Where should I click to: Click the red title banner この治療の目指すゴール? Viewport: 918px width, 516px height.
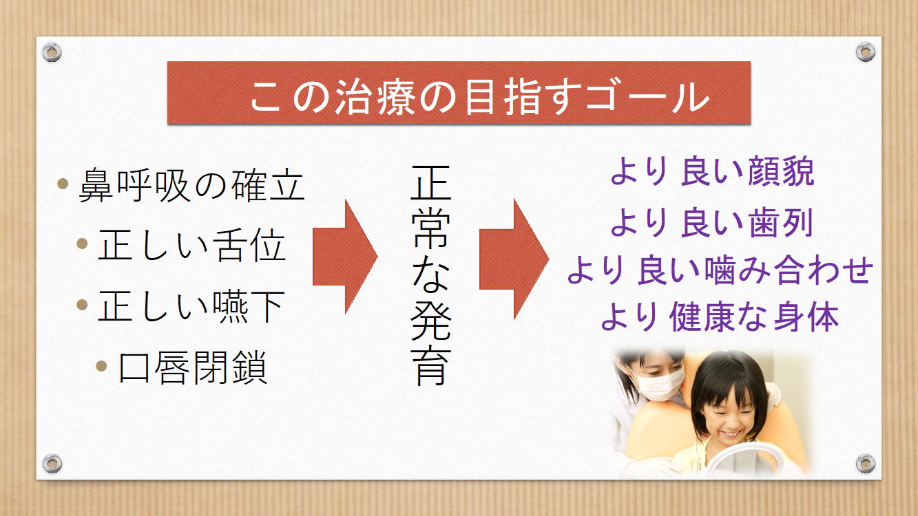click(x=459, y=93)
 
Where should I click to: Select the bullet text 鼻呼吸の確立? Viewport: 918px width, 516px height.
click(x=191, y=185)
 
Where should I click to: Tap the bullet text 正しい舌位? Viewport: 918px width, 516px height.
click(x=191, y=245)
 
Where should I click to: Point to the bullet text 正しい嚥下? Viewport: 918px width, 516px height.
click(x=191, y=306)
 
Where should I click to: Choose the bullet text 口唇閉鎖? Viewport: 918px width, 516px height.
click(x=193, y=367)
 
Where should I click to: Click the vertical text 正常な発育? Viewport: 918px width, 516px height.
click(x=431, y=275)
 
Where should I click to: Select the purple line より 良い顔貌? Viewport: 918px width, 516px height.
click(x=712, y=171)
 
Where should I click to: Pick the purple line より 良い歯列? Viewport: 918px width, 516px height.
click(x=711, y=222)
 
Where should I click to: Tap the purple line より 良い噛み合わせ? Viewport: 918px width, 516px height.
click(x=720, y=270)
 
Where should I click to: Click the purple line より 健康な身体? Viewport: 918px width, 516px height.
click(x=720, y=316)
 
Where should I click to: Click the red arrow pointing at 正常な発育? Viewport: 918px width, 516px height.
click(x=344, y=257)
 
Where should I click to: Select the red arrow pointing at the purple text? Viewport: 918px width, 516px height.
click(x=514, y=259)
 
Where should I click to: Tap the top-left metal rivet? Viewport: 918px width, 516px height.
click(x=52, y=52)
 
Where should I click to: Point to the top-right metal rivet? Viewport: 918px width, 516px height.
click(x=866, y=52)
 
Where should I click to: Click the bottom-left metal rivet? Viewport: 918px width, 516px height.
click(x=52, y=464)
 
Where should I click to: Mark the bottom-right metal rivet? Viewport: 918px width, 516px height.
click(x=866, y=464)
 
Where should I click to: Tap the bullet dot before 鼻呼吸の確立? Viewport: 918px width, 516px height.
click(x=63, y=183)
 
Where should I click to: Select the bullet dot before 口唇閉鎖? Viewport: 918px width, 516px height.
click(x=101, y=366)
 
